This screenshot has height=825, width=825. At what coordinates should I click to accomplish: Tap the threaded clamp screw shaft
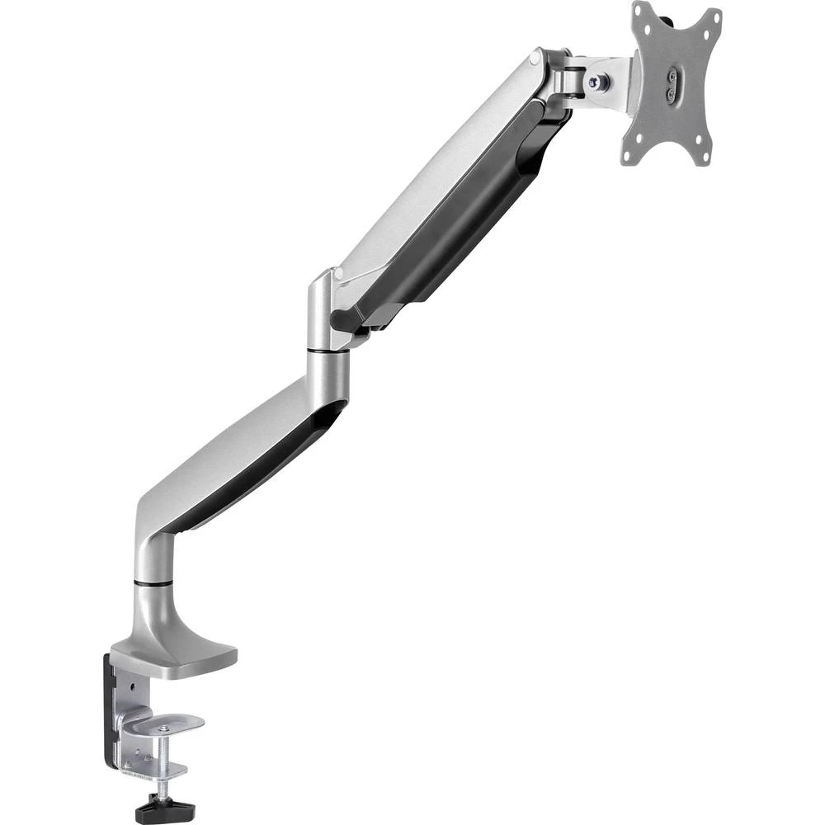tap(166, 763)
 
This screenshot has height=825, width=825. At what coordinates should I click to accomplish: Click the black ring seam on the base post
tap(153, 583)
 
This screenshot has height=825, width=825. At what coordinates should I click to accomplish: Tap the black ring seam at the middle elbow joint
tap(328, 351)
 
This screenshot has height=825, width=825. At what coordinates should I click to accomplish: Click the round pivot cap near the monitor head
tap(536, 58)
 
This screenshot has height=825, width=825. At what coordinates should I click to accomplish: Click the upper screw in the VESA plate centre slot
tap(672, 76)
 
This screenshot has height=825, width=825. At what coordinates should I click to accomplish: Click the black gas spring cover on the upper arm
tap(462, 223)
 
